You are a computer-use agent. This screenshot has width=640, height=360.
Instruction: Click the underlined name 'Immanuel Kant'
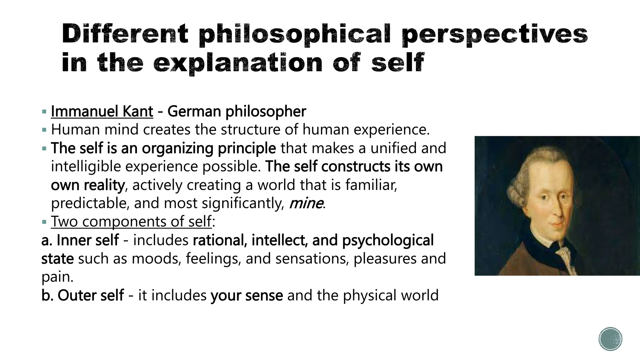click(x=102, y=112)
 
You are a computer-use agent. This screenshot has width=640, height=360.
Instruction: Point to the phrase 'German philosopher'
click(x=237, y=112)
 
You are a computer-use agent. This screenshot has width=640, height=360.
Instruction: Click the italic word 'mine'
click(x=306, y=203)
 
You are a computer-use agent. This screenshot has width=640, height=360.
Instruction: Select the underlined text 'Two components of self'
click(x=131, y=222)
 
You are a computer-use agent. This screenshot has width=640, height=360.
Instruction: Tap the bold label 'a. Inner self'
click(x=80, y=240)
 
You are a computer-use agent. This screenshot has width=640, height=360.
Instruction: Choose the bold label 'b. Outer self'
click(x=82, y=295)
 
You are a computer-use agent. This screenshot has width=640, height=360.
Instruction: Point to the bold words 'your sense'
click(x=247, y=295)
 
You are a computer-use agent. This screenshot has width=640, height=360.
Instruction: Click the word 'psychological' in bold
click(x=387, y=240)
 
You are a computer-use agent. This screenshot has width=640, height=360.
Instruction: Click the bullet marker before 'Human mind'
click(x=44, y=130)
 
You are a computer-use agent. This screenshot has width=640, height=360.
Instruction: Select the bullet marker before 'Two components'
click(x=44, y=222)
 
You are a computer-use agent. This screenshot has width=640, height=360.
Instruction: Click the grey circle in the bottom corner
click(x=610, y=339)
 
